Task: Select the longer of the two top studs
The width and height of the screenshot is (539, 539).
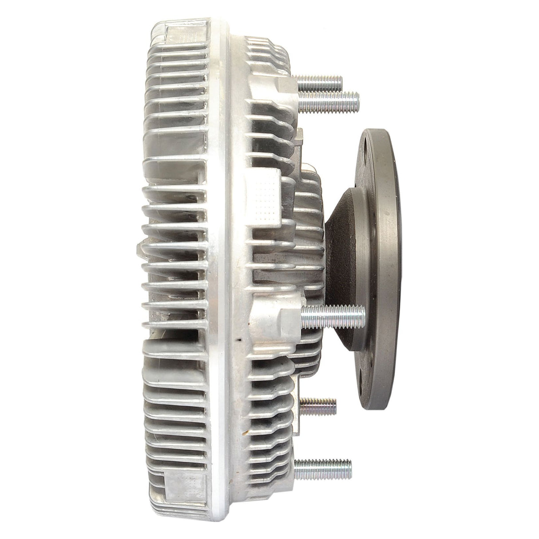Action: coord(331,96)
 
